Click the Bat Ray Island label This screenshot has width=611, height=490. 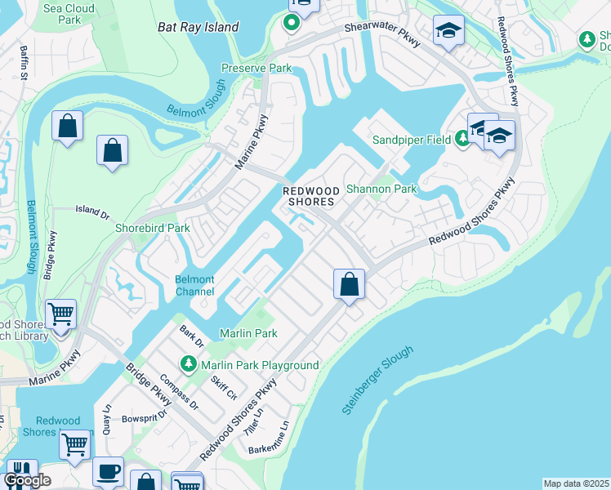point(198,27)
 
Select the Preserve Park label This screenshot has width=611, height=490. point(256,69)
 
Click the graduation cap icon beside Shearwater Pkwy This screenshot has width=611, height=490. point(448,32)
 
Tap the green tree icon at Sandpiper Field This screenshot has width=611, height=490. point(462,140)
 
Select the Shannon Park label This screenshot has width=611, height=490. point(381,189)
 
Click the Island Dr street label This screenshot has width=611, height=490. point(92,212)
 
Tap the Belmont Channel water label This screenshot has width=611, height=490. point(194,286)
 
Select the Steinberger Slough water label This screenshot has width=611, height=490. point(377,379)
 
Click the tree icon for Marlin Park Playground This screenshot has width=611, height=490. point(189,363)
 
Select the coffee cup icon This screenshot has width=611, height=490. point(108,472)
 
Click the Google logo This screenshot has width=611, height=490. point(27,480)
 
